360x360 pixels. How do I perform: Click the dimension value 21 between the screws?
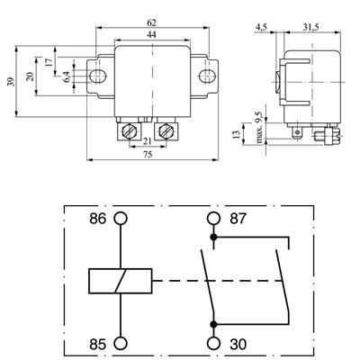[148, 141]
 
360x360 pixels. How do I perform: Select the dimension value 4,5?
[262, 28]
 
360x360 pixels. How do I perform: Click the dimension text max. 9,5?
[257, 129]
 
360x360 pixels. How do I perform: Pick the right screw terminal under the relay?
[165, 131]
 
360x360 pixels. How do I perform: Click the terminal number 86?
[96, 219]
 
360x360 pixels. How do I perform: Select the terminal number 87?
[238, 219]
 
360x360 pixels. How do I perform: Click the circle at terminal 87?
[213, 219]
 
